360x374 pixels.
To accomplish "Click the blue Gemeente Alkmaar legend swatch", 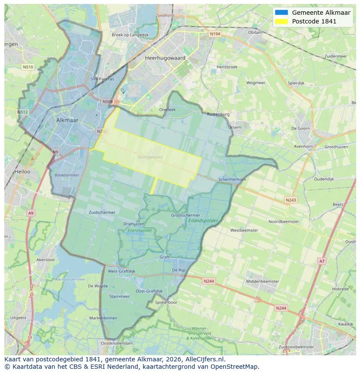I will [281, 13].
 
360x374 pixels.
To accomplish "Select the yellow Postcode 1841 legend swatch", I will [281, 21].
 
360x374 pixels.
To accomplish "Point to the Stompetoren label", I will [149, 157].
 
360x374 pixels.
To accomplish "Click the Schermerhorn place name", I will [232, 179].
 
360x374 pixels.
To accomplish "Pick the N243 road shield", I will [291, 200].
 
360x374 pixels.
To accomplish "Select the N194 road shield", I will [215, 34].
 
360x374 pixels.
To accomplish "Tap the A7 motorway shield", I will [321, 261].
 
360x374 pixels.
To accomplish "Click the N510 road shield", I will [28, 67].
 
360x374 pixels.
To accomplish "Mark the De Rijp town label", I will [179, 270].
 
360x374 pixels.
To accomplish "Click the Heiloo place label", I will [22, 172].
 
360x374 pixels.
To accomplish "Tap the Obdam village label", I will [255, 33].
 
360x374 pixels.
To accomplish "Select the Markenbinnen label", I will [103, 318].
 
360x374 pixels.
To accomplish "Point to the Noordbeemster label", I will [284, 222].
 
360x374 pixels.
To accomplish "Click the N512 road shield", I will [23, 112].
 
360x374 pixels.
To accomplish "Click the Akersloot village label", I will [45, 260].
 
